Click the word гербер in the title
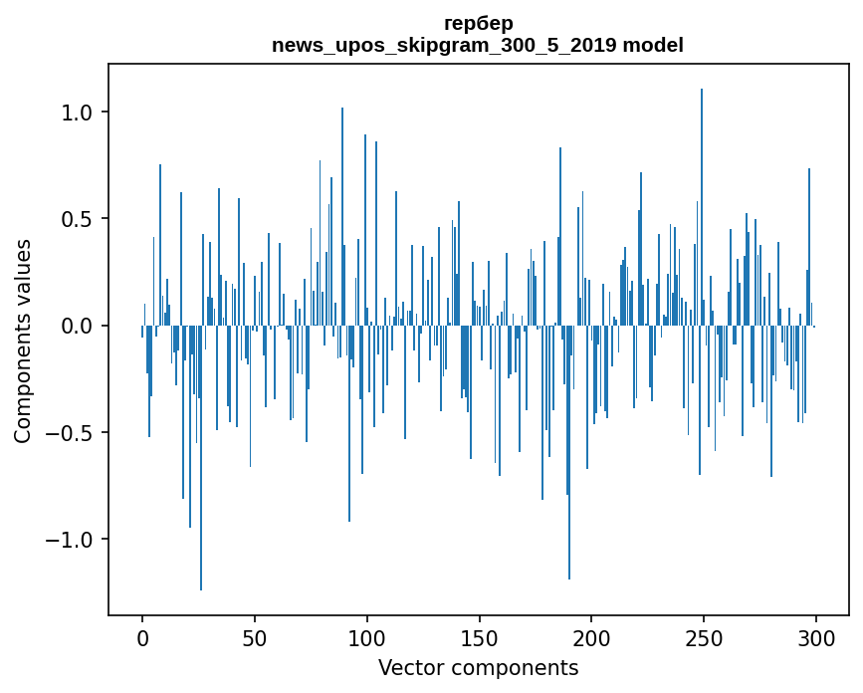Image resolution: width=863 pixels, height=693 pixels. click(x=478, y=24)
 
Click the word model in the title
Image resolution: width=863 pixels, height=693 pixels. click(x=653, y=45)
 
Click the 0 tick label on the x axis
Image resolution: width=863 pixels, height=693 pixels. click(x=142, y=638)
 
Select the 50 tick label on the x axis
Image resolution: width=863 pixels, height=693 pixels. click(x=254, y=638)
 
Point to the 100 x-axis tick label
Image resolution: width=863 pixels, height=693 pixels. click(x=366, y=638)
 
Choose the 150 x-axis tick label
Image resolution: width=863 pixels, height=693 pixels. click(x=479, y=638)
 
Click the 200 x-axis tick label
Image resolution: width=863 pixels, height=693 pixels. click(x=591, y=638)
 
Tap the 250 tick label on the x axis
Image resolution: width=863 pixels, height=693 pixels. click(x=704, y=638)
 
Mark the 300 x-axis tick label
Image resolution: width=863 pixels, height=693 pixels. click(x=815, y=638)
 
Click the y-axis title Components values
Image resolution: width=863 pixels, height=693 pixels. click(x=23, y=342)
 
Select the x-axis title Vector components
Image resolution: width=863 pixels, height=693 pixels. click(x=478, y=668)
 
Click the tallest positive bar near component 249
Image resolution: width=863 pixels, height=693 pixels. click(x=701, y=207)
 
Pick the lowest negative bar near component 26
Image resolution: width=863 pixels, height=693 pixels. click(x=201, y=458)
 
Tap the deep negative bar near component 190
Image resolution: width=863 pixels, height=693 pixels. click(x=569, y=452)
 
